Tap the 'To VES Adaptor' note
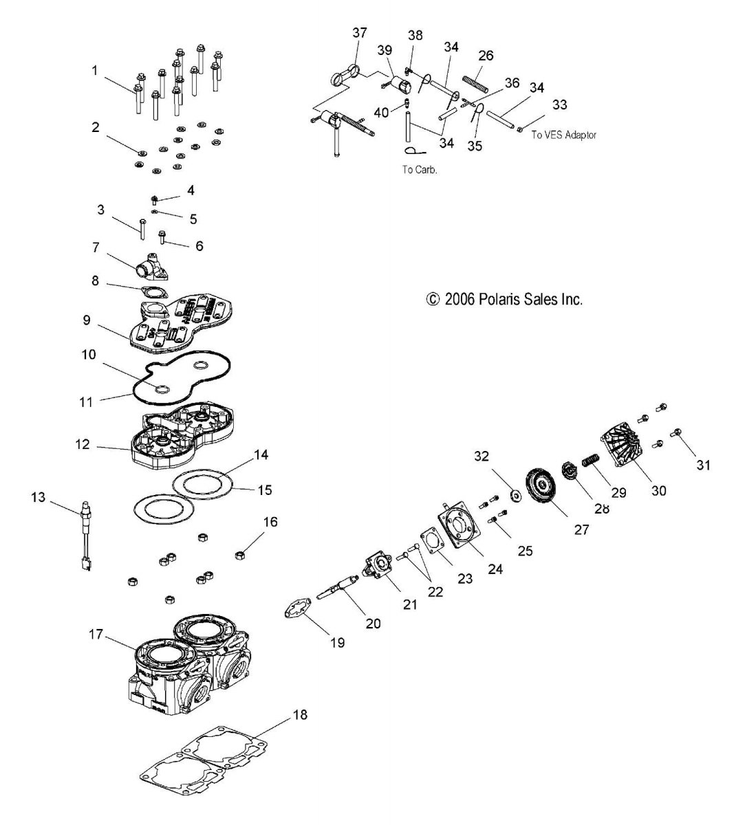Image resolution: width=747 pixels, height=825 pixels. click(x=563, y=135)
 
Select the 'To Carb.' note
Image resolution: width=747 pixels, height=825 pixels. click(x=420, y=170)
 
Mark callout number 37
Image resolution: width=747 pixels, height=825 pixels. click(x=360, y=32)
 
